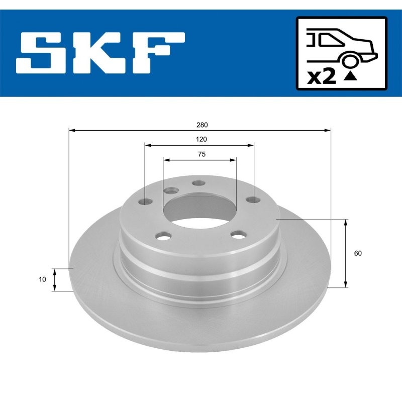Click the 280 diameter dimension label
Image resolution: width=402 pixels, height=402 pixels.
(x=202, y=125)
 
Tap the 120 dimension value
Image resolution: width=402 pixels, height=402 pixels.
(x=202, y=139)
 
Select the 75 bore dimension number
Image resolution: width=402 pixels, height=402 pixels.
(x=202, y=154)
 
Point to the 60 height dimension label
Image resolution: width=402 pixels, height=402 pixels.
(x=358, y=253)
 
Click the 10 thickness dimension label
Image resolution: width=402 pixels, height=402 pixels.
(x=42, y=279)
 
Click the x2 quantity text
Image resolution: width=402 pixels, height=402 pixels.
(x=322, y=77)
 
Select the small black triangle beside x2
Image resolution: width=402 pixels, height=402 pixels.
(x=350, y=76)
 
